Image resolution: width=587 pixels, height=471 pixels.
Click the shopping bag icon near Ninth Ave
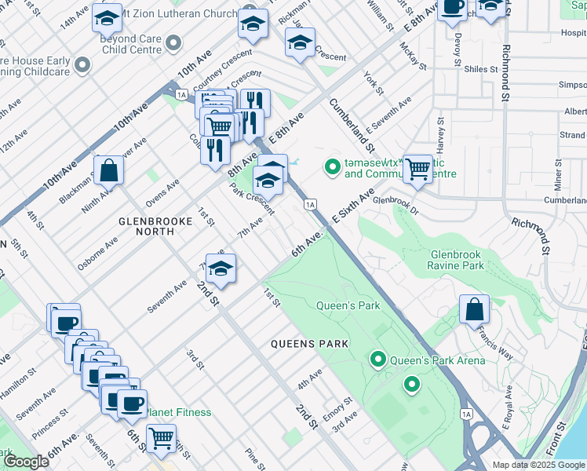point(109,170)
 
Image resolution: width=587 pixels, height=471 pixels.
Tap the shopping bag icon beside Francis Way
point(475,310)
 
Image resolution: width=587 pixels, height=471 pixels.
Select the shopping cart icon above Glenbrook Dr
point(418,168)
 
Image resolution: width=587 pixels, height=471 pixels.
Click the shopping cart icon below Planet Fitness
point(161,439)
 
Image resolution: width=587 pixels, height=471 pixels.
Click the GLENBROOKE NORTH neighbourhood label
point(155,221)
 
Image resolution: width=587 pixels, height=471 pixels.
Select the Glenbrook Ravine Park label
point(468,261)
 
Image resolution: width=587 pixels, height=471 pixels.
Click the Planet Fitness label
point(180,412)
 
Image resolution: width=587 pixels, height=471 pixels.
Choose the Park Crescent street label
point(251,199)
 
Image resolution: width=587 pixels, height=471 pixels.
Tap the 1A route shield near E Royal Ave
point(468,414)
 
